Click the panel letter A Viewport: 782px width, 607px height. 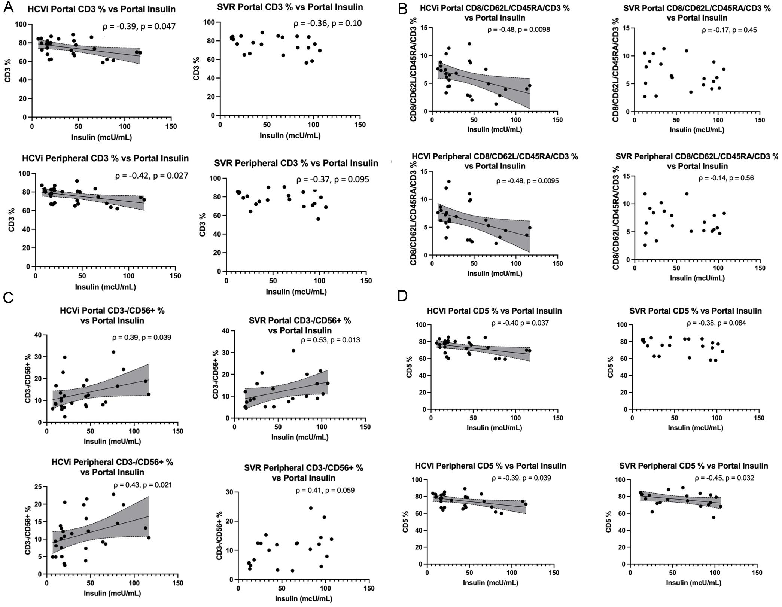pos(9,7)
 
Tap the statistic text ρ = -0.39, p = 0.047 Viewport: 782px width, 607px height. pos(139,27)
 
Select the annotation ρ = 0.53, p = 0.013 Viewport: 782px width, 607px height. pos(331,340)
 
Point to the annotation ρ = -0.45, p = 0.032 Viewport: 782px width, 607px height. pos(724,478)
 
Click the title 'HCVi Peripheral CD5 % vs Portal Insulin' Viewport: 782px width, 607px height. pos(490,466)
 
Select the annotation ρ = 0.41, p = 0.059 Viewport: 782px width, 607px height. pos(325,490)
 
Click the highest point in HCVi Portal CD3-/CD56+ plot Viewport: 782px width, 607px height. pos(113,352)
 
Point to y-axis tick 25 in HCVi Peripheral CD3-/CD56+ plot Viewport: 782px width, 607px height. pos(38,487)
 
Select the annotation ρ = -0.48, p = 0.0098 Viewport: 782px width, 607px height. pos(518,30)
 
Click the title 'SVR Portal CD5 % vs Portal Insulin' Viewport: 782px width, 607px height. pos(696,311)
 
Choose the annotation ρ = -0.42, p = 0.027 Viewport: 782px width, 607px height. pos(152,176)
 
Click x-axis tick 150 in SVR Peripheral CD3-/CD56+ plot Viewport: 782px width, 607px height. pos(369,588)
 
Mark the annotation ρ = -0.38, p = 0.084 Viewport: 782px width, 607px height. pos(716,323)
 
